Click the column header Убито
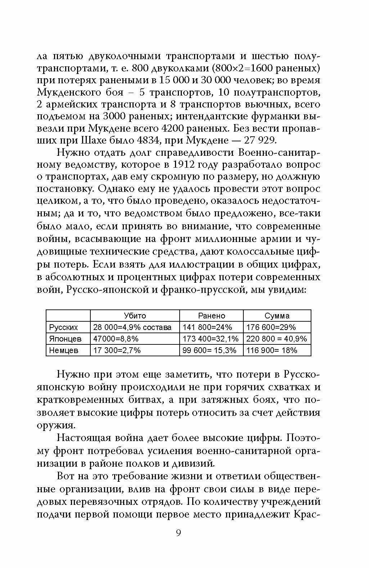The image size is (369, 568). pos(135,316)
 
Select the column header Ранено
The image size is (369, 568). pos(211,316)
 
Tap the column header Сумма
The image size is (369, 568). pos(277,316)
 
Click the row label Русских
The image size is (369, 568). pos(63,327)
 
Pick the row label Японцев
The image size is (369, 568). pos(65,339)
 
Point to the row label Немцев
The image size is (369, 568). pos(64,350)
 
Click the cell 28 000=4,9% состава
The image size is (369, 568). pos(132,327)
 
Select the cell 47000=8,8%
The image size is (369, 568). pos(116,339)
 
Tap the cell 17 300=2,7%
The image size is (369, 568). pos(117,350)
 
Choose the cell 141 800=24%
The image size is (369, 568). pos(207,327)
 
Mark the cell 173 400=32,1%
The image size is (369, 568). pos(211,339)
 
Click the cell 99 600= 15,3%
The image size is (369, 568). pos(210,350)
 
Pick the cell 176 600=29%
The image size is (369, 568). pos(271,327)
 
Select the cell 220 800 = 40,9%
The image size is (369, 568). pos(276,339)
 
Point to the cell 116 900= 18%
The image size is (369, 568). pos(272,350)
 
